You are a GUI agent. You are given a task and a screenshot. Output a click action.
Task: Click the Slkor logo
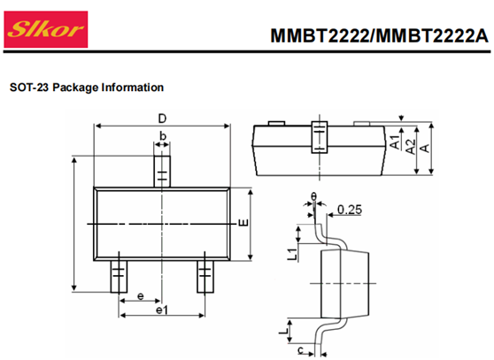tap(46, 29)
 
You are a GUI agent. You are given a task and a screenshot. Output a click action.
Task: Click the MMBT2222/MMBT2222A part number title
tap(379, 35)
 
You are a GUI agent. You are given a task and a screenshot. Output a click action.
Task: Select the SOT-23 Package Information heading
tap(87, 88)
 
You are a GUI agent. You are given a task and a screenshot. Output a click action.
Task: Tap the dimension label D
tap(162, 119)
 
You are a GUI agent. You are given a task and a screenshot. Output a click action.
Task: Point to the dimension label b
tap(163, 136)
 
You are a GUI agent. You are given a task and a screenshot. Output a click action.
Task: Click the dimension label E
tap(243, 223)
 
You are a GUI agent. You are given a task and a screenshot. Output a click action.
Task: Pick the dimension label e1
tap(162, 310)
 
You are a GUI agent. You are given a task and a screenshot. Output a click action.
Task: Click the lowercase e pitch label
tap(141, 296)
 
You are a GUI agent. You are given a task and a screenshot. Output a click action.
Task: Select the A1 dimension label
tap(395, 142)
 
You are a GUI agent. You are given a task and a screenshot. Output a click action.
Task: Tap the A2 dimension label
tap(410, 147)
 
